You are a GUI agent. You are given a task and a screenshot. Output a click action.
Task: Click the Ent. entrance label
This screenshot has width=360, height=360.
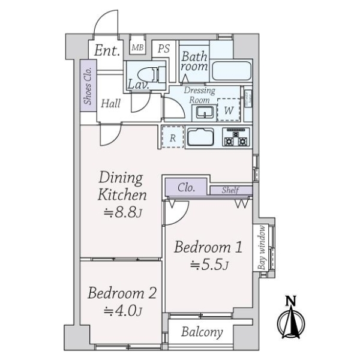click(107, 50)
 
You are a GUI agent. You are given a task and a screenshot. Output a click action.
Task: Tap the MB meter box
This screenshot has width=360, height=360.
click(137, 47)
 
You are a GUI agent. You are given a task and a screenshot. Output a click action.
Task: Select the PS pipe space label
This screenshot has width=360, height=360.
click(164, 49)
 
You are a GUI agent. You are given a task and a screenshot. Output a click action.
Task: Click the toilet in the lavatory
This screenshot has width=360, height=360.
click(152, 74)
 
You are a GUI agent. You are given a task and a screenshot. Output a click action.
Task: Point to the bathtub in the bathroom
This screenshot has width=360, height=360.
click(232, 71)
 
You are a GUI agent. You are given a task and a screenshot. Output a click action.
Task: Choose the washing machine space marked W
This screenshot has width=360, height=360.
click(229, 110)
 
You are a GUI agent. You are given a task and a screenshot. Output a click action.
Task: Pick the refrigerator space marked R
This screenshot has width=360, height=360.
click(173, 137)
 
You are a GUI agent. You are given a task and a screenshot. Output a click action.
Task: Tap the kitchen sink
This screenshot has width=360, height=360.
click(200, 137)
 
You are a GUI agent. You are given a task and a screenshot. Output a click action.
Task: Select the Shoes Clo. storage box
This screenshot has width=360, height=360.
click(88, 86)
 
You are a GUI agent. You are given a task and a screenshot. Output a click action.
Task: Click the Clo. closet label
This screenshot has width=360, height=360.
click(187, 188)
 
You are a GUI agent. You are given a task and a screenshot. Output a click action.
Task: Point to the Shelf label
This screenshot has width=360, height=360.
click(230, 190)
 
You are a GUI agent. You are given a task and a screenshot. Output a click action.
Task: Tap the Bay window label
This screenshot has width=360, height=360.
click(262, 247)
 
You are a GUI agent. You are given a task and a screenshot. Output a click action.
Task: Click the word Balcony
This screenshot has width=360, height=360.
click(202, 332)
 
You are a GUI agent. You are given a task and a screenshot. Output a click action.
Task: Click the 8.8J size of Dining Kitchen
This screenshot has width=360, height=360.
click(123, 212)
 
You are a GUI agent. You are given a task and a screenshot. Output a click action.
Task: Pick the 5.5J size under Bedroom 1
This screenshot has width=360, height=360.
click(209, 265)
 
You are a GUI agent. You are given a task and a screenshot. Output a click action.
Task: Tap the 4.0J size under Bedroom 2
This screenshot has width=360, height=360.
click(123, 311)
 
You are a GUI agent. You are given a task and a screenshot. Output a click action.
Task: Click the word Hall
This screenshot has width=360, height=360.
click(110, 103)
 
